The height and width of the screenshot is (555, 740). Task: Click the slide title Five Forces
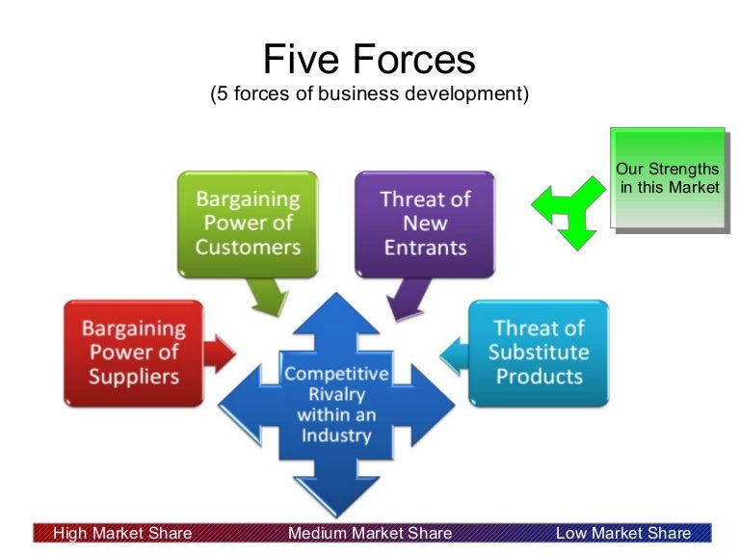[369, 60]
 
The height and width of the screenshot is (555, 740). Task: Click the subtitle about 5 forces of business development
[369, 95]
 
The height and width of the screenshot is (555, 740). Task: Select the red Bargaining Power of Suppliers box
[134, 352]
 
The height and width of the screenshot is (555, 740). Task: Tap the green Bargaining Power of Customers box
[248, 223]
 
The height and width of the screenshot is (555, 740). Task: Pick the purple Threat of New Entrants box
[425, 223]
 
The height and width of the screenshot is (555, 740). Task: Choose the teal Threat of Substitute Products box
[539, 352]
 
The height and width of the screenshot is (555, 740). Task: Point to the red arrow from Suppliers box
[221, 355]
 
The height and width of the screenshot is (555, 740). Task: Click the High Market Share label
[122, 533]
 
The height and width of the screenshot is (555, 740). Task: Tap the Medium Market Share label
[370, 533]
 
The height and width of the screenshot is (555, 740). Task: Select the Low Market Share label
[623, 533]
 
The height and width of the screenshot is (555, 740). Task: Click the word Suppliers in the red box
[134, 376]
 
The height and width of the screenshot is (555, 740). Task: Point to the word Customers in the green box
[248, 247]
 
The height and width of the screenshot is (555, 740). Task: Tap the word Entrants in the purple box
[425, 247]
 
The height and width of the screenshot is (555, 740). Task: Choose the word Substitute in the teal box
[539, 352]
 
